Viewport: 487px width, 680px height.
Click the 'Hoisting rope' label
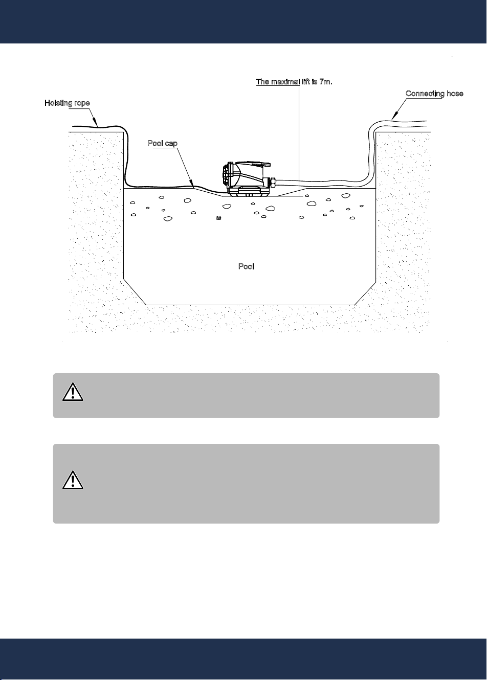67,103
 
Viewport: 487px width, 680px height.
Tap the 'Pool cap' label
162,143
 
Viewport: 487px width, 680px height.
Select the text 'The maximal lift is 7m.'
294,82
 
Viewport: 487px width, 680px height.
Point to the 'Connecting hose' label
434,94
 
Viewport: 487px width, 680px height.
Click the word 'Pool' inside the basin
246,266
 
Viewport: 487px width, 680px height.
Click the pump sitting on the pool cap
249,179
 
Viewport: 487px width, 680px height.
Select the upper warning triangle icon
73,392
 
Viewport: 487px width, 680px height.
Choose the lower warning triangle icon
73,480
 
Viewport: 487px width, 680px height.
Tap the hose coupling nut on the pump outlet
272,183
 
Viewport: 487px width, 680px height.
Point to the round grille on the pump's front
228,175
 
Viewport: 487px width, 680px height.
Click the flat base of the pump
249,192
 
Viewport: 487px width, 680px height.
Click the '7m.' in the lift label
326,82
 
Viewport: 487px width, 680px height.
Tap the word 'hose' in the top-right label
455,94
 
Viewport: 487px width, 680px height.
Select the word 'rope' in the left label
81,104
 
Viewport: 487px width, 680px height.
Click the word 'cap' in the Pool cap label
171,144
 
